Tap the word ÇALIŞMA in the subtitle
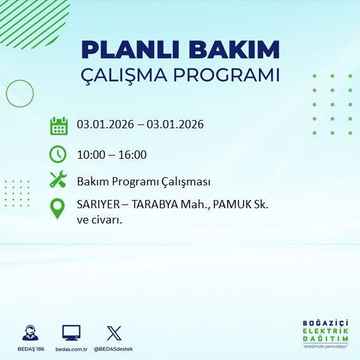(125, 76)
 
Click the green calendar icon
(58, 125)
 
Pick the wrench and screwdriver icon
(58, 181)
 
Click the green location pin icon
(58, 209)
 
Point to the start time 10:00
(90, 154)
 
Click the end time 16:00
(133, 154)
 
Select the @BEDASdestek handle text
(114, 349)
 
